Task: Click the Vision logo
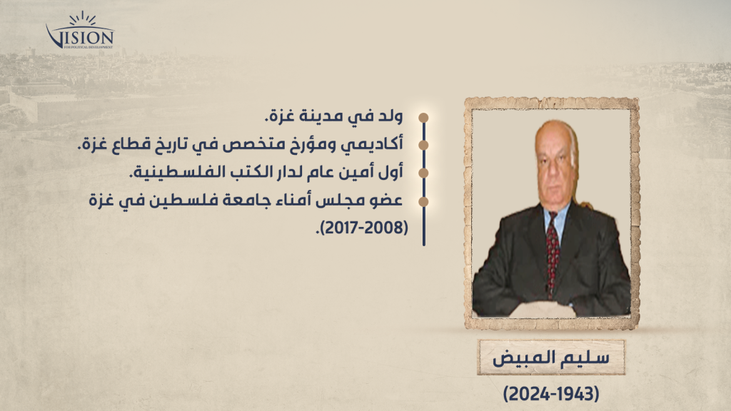80,31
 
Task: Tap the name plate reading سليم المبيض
550,357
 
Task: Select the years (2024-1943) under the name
551,394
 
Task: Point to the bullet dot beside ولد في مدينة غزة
423,118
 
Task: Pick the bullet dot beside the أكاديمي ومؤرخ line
423,146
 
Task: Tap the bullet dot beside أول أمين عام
423,173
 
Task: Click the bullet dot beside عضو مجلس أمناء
423,202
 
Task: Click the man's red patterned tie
553,251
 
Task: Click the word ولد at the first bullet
390,116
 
